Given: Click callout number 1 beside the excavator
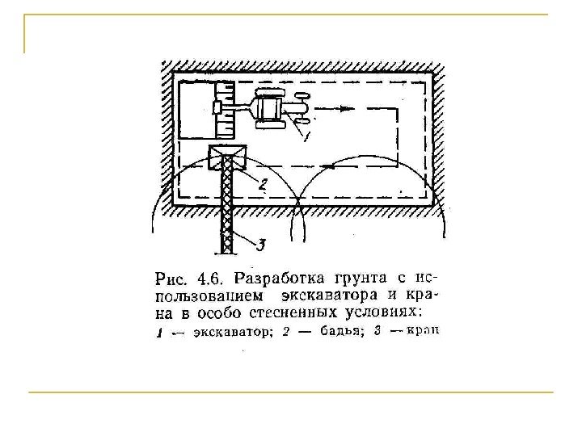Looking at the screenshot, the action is pyautogui.click(x=306, y=136).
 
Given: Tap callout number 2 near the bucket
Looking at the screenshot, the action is pyautogui.click(x=262, y=184).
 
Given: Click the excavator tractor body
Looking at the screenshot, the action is pyautogui.click(x=270, y=110).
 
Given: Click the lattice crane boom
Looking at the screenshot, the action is pyautogui.click(x=228, y=210).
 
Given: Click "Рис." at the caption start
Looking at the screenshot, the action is pyautogui.click(x=171, y=280).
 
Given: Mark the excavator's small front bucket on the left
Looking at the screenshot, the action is pyautogui.click(x=217, y=107).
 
